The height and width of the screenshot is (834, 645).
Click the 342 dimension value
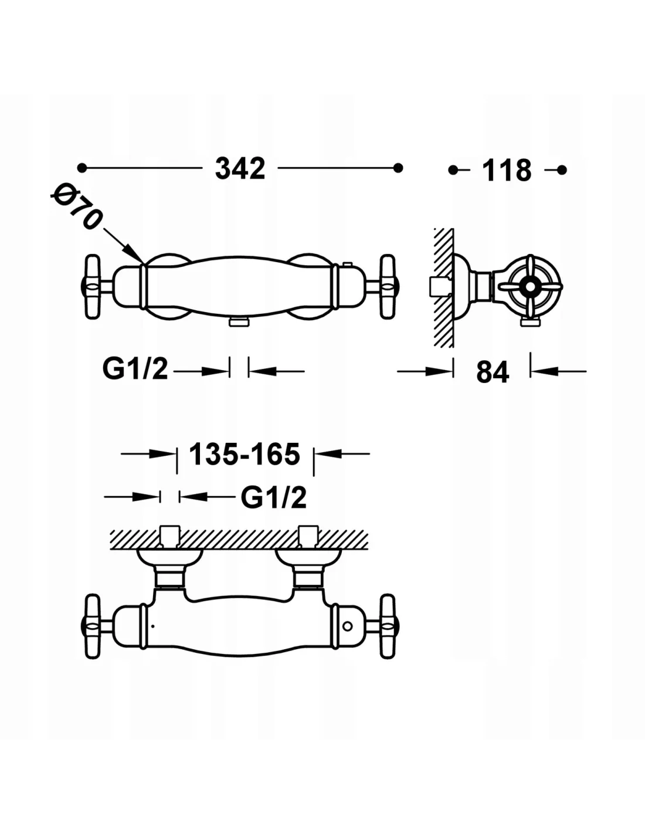tap(240, 169)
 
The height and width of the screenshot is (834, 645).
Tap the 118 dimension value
tap(506, 171)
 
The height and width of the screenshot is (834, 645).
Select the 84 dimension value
tap(493, 372)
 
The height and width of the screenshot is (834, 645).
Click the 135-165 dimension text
tap(245, 455)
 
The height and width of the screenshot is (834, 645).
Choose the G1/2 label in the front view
tap(135, 369)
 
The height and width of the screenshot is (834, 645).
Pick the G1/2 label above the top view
tap(274, 498)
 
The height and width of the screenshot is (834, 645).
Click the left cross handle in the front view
tap(92, 287)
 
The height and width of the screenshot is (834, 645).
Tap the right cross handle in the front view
tap(388, 287)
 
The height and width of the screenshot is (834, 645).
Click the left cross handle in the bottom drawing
tap(92, 627)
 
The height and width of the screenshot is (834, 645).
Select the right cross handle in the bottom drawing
tap(388, 627)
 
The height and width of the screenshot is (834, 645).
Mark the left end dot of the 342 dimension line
tap(82, 168)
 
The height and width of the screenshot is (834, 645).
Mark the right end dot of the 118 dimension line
tap(562, 170)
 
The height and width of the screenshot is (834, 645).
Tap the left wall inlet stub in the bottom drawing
tap(169, 536)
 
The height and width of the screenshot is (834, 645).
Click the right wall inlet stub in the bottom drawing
tap(308, 536)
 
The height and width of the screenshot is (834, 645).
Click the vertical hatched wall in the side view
tap(444, 287)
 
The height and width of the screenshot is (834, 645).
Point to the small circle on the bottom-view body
tap(347, 626)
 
